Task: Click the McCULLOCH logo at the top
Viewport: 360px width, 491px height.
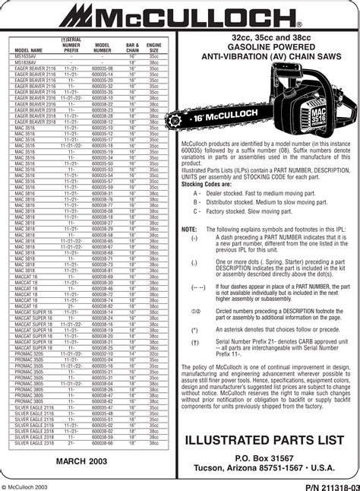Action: tap(179, 16)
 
